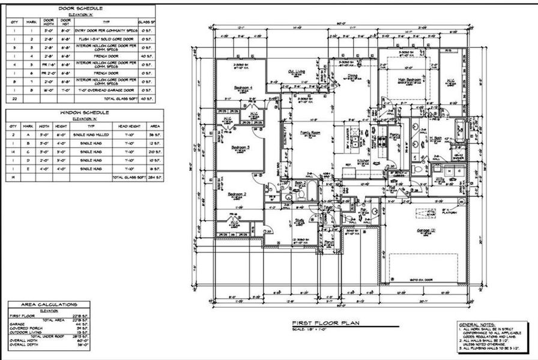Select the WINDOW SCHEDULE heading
[84, 113]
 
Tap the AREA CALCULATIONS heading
[49, 305]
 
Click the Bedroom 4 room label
[243, 88]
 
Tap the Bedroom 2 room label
[238, 194]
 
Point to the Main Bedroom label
[408, 79]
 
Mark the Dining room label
[353, 76]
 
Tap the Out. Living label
[297, 71]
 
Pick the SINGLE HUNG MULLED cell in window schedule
[91, 135]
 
